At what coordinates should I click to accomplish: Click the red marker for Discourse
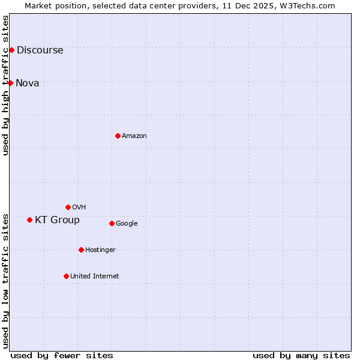(x=11, y=50)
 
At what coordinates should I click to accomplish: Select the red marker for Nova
(x=10, y=83)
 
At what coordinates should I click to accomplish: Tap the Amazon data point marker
(x=118, y=136)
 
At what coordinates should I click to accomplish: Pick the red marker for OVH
(x=68, y=207)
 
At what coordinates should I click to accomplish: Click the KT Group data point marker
(x=29, y=220)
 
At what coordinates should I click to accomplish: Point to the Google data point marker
(x=112, y=223)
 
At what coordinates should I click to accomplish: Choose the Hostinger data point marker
(x=81, y=250)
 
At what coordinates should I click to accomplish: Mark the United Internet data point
(x=66, y=276)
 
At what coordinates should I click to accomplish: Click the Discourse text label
(x=40, y=50)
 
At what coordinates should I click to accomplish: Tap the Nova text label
(x=27, y=83)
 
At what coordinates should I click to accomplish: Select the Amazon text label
(x=134, y=136)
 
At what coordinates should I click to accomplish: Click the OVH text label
(x=79, y=208)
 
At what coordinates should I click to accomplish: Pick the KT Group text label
(x=57, y=220)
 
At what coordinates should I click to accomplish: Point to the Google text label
(x=127, y=224)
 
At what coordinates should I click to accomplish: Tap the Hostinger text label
(x=100, y=250)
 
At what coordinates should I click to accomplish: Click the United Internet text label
(x=94, y=277)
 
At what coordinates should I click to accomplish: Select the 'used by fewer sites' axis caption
(x=62, y=355)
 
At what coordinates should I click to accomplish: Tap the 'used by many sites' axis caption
(x=301, y=355)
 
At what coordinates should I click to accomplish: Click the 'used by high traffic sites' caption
(x=6, y=85)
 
